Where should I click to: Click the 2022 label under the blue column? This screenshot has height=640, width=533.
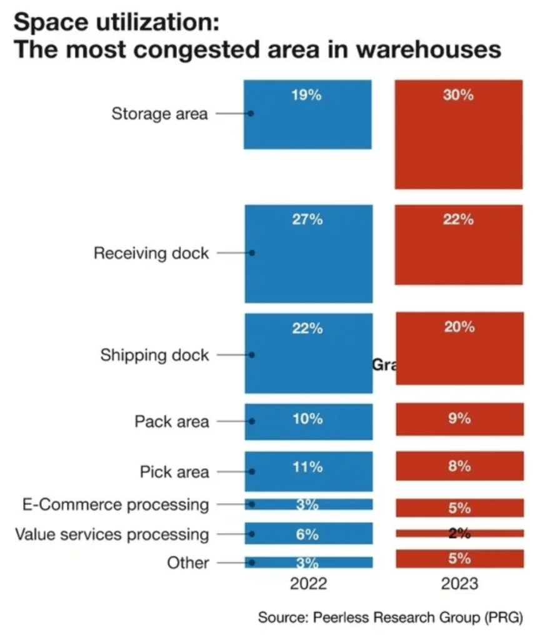pos(308,584)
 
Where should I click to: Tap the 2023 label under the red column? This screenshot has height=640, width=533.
pos(459,584)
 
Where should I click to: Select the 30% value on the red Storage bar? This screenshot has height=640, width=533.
pos(459,96)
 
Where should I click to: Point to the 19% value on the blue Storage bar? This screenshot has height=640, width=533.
pos(307,96)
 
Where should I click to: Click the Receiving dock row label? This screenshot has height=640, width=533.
pos(151,253)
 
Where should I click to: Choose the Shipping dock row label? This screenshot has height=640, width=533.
pos(154,355)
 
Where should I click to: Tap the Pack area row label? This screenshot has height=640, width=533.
pos(171,421)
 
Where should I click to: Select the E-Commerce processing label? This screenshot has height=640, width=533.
pos(112,504)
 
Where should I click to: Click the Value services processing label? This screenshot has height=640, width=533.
pos(112,534)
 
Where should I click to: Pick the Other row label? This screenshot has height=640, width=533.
pos(187,562)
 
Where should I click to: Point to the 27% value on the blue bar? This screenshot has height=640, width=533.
pos(307,219)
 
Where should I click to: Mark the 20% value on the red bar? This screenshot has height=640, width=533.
pos(459,327)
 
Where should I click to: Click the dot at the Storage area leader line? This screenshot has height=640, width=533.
pos(250,114)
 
